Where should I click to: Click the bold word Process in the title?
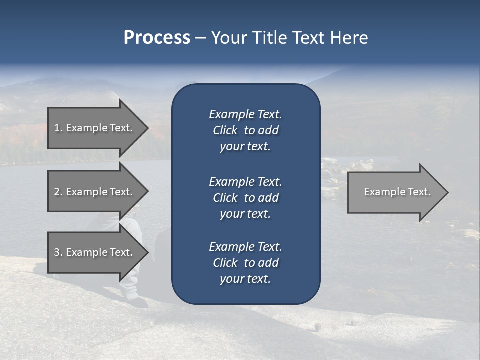click(157, 38)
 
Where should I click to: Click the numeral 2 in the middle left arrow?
click(57, 192)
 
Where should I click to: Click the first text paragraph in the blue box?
click(245, 130)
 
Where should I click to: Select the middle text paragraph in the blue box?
click(245, 198)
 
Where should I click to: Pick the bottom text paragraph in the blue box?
click(245, 263)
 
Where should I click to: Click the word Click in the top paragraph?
click(225, 131)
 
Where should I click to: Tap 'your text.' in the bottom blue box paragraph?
click(245, 279)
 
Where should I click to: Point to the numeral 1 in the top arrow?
click(57, 128)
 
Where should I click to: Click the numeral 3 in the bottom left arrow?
click(57, 252)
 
